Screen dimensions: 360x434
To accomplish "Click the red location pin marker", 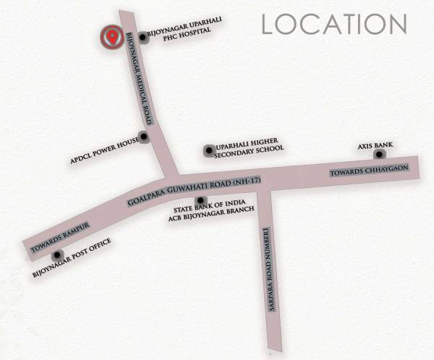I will click(x=111, y=37).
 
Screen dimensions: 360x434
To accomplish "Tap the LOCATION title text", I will click(x=334, y=23).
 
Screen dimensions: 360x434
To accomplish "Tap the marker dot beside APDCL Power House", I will click(x=144, y=136).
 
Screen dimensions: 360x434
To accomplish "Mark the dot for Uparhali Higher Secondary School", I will click(x=209, y=150).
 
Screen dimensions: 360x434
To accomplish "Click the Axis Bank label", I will click(x=375, y=146).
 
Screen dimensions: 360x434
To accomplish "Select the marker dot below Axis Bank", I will click(x=378, y=155).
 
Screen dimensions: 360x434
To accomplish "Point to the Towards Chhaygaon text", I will click(x=370, y=171).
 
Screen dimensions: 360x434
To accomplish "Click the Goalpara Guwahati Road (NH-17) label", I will click(x=193, y=190).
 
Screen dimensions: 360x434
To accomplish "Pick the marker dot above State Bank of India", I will click(x=199, y=199).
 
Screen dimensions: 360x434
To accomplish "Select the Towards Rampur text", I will click(x=59, y=236).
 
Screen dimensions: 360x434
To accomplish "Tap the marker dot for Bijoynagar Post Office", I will click(x=56, y=254).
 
